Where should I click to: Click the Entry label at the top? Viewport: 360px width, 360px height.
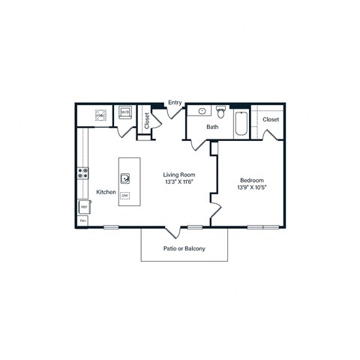[175, 103]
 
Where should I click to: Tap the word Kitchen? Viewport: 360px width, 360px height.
[105, 192]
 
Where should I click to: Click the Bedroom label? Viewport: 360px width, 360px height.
[251, 180]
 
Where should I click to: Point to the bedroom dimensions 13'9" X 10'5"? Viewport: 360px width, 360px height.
[251, 187]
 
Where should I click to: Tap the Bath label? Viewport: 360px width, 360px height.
[213, 127]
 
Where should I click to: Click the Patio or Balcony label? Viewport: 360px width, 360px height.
[184, 249]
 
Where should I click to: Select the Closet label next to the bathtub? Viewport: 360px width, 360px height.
[271, 118]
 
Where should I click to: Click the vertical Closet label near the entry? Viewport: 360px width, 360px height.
[146, 122]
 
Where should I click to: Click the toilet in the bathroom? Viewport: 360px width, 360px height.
[220, 112]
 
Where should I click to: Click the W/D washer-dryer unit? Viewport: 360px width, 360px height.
[125, 114]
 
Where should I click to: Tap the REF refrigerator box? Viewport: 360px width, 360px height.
[84, 206]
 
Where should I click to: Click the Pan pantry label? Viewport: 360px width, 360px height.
[83, 221]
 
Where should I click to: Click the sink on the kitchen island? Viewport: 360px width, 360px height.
[125, 178]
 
